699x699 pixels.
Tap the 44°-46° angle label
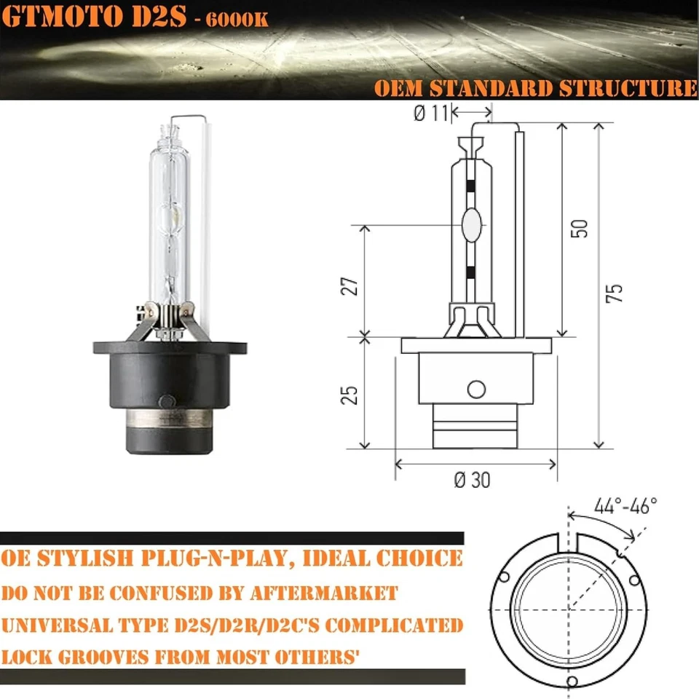click(625, 505)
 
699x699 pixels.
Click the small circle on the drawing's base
click(476, 390)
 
